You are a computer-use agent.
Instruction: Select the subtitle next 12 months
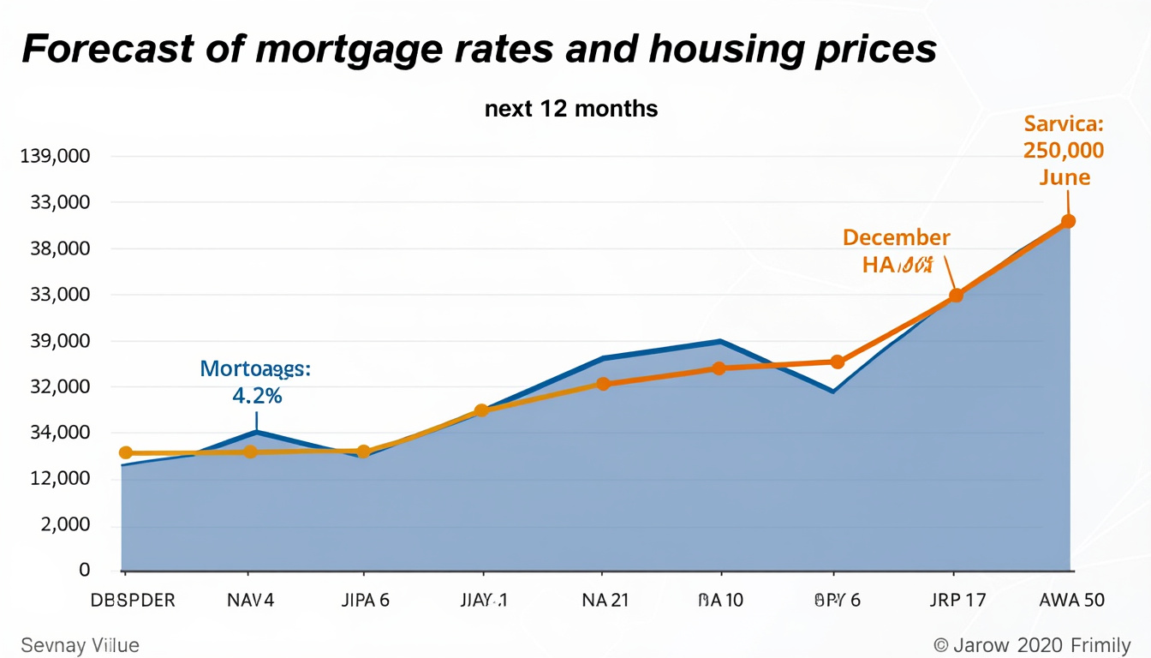point(571,109)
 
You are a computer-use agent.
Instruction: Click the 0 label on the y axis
point(84,570)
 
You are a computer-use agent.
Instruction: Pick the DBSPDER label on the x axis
point(133,601)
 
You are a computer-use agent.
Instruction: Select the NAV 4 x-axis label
point(250,601)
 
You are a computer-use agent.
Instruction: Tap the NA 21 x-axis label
point(604,601)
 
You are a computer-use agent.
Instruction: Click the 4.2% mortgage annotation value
point(257,396)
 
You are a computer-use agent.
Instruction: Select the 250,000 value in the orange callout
point(1064,151)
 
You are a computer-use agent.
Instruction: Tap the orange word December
point(896,237)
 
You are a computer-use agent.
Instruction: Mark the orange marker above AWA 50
point(1068,221)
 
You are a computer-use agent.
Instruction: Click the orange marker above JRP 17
point(957,296)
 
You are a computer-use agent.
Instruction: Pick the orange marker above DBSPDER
point(126,452)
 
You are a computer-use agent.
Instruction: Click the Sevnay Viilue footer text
point(79,645)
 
